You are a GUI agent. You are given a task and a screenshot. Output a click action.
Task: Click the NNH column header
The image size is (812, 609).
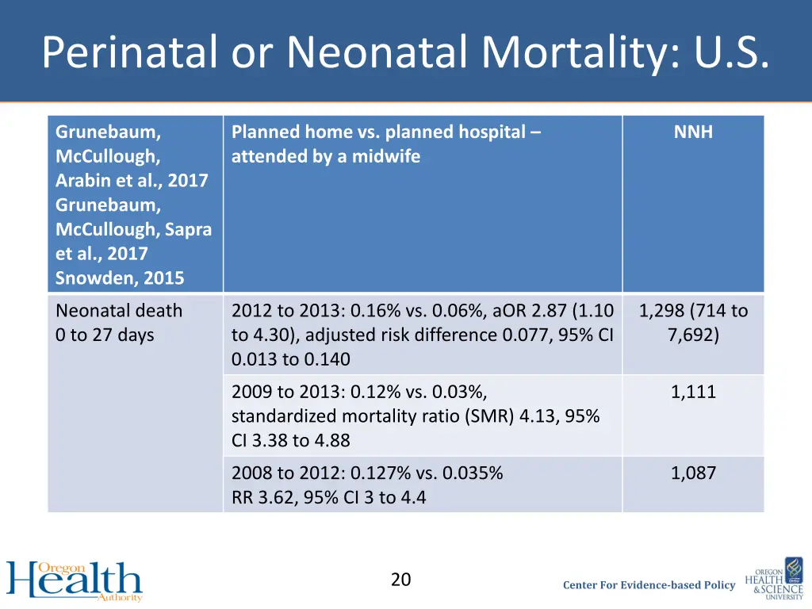(693, 132)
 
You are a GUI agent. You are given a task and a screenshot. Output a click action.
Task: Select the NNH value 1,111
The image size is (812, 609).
(693, 392)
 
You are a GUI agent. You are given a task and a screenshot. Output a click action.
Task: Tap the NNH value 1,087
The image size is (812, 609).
(693, 473)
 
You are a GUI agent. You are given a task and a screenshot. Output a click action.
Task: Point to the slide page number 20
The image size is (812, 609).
(401, 580)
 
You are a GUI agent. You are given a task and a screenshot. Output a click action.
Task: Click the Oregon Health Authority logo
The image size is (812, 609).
(75, 580)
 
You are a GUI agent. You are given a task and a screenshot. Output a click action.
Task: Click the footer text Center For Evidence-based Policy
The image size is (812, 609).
(649, 585)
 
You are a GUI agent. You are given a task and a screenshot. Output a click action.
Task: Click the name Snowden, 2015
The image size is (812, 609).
(120, 278)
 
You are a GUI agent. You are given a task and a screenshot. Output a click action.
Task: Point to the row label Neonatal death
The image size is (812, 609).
(119, 311)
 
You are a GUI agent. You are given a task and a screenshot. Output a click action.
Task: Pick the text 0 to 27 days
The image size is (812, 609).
(105, 335)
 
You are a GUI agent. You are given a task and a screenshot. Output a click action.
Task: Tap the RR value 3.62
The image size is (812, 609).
(278, 498)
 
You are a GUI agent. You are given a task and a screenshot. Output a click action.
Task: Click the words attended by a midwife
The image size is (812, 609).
(326, 157)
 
